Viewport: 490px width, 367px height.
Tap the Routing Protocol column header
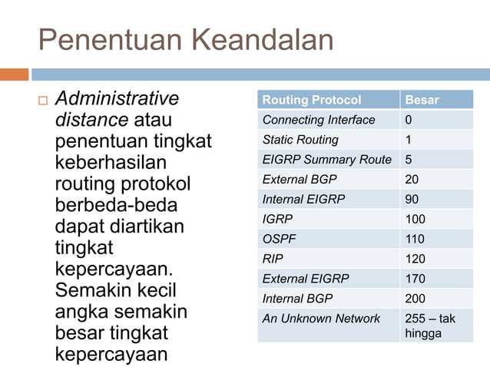(x=312, y=100)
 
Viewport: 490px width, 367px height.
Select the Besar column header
(x=422, y=100)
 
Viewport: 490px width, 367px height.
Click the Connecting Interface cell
(x=319, y=120)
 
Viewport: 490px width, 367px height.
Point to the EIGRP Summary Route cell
(x=326, y=160)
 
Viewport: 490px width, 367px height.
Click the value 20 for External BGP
(x=412, y=179)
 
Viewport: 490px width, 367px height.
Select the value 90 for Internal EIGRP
(x=412, y=199)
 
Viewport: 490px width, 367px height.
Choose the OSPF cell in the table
(x=280, y=239)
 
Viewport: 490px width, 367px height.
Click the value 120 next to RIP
(x=416, y=259)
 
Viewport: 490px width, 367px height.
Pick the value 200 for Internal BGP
(x=416, y=299)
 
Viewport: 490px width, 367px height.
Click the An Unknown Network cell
(x=321, y=318)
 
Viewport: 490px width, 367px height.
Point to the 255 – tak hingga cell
(x=430, y=326)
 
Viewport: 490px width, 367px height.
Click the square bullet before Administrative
(x=42, y=101)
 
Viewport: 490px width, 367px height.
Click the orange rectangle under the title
(x=14, y=74)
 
